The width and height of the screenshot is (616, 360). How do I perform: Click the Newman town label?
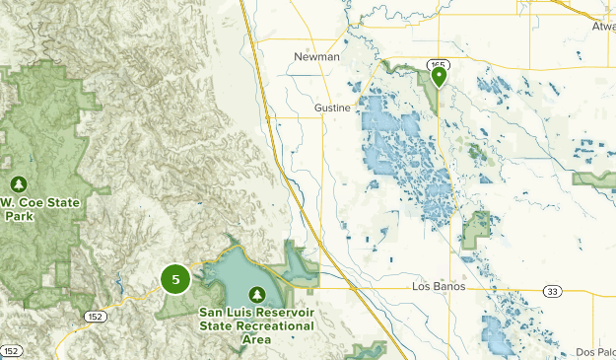click(316, 57)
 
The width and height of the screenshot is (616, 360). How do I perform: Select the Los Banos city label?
click(437, 287)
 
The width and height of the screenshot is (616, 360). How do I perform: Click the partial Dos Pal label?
click(596, 352)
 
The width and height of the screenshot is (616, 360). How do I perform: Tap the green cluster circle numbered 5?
click(175, 280)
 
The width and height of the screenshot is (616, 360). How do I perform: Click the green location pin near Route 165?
click(439, 75)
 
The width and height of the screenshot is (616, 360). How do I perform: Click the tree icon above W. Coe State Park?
click(19, 183)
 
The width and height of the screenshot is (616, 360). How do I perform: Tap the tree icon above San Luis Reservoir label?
click(257, 294)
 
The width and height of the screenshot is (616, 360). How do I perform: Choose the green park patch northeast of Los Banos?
click(477, 230)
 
